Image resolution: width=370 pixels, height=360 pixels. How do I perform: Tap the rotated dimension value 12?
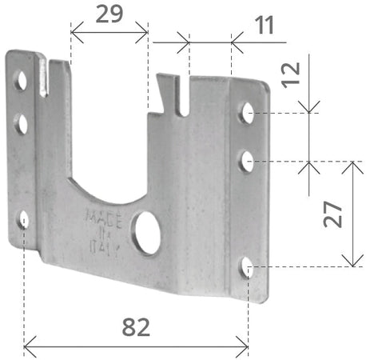292,72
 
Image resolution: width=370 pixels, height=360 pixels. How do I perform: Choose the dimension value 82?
136,326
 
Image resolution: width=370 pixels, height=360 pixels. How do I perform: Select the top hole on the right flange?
248,113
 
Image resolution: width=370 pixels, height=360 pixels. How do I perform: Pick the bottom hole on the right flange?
248,267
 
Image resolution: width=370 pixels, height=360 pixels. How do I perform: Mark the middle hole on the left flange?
22,123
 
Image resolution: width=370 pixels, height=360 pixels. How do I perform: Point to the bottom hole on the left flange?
24,219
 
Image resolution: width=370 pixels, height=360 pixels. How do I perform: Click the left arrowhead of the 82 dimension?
29,346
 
